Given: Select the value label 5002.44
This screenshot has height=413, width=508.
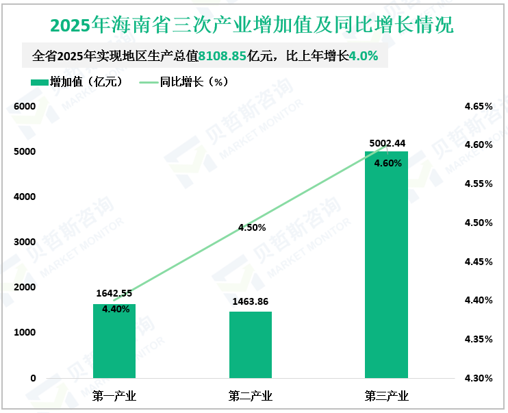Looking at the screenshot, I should click(388, 143).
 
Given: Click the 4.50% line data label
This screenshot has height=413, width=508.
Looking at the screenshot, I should click(251, 227).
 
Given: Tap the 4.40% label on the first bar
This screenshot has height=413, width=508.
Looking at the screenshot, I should click(115, 309).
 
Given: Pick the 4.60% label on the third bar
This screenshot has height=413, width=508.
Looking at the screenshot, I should click(388, 163).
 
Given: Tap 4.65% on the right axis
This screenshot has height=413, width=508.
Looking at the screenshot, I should click(478, 107).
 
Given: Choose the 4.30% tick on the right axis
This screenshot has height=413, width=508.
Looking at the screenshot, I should click(478, 378).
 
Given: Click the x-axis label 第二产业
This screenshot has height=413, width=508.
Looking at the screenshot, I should click(251, 397).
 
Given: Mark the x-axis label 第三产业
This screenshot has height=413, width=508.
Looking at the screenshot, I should click(387, 397).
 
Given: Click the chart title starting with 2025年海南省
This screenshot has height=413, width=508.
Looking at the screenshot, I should click(252, 25).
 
